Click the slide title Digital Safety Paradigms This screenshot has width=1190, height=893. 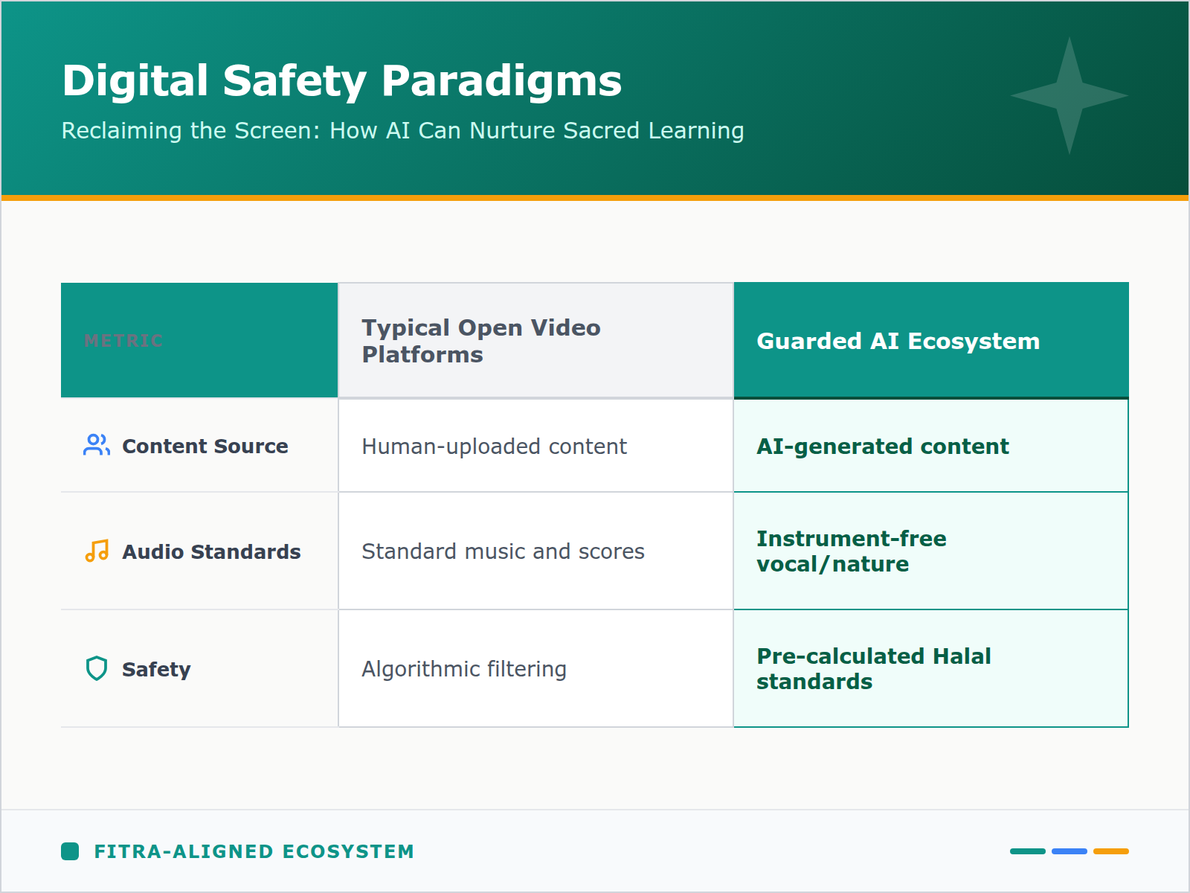[x=341, y=80]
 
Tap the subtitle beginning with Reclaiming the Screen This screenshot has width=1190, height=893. [x=402, y=130]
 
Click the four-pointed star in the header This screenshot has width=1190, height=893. [x=1069, y=95]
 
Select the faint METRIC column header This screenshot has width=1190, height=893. [x=123, y=341]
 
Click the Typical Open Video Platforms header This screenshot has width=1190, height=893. [x=480, y=341]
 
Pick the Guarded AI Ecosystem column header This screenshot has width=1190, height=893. [x=898, y=341]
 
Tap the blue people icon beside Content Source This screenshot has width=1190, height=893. [x=97, y=445]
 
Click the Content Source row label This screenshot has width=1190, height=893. [x=205, y=446]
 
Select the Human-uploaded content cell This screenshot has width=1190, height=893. [x=494, y=446]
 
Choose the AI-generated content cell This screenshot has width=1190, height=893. [x=882, y=446]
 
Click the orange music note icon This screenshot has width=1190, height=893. [x=97, y=551]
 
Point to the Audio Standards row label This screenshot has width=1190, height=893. [x=211, y=552]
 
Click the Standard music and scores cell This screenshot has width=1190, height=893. [x=503, y=551]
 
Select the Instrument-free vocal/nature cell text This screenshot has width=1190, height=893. [x=851, y=551]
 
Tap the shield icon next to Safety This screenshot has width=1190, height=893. [x=97, y=668]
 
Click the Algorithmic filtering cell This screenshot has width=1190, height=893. [x=464, y=669]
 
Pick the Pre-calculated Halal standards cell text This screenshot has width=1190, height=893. [x=873, y=669]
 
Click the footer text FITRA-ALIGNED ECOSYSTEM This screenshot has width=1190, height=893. [x=254, y=851]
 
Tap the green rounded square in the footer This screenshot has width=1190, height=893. [x=70, y=851]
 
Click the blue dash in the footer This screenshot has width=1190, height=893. [x=1069, y=851]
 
